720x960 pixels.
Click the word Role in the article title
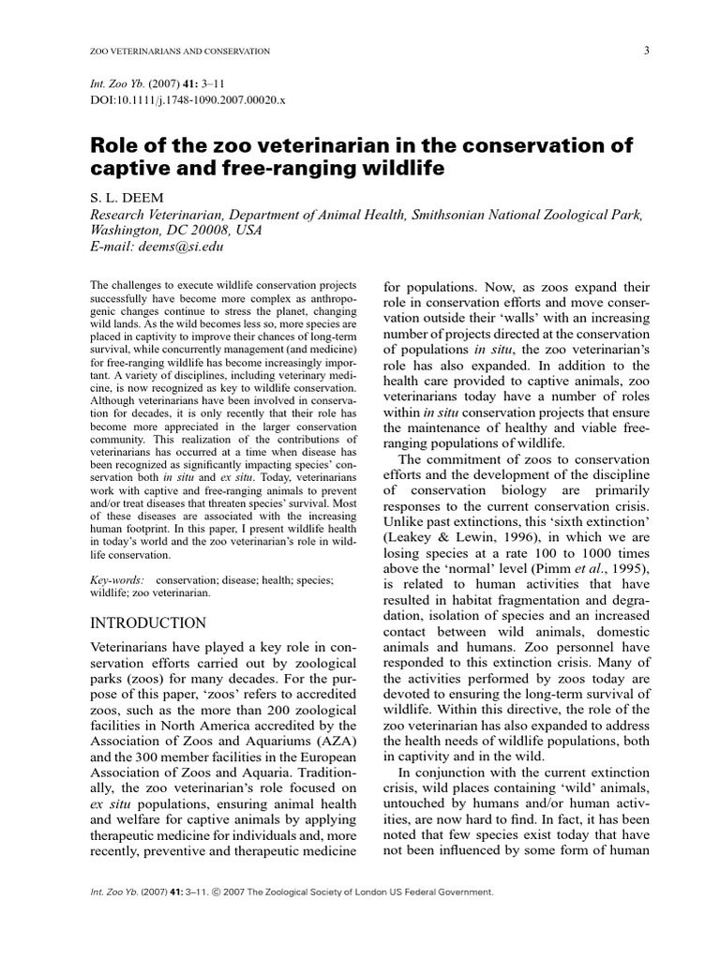click(114, 146)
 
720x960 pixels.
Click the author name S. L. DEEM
click(125, 199)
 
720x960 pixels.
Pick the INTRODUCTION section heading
click(147, 622)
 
